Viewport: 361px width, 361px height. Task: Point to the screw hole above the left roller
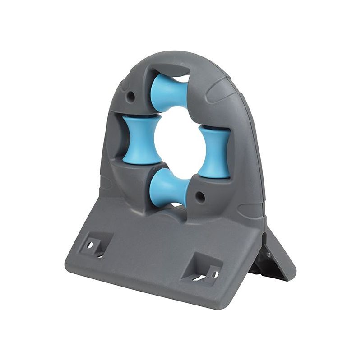tap(131, 96)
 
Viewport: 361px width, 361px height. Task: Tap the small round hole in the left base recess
tap(90, 244)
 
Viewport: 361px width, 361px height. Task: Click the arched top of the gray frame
tap(180, 59)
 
